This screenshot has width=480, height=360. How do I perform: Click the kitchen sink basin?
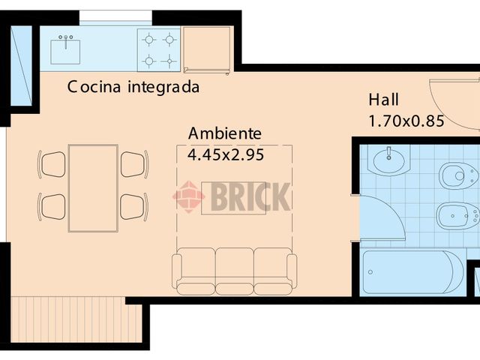[65, 51]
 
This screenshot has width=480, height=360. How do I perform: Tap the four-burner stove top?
[158, 49]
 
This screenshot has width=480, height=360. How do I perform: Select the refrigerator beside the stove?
[207, 50]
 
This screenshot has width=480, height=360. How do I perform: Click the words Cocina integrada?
[133, 87]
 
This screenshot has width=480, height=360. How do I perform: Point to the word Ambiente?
[225, 133]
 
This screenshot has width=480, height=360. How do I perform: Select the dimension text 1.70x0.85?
[406, 121]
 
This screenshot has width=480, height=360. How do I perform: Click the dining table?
[93, 187]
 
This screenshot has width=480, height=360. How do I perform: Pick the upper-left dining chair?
[52, 163]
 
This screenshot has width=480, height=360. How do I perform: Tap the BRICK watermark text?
[249, 196]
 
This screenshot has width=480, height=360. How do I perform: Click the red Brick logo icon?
[188, 196]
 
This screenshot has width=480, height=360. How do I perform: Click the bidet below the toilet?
[457, 215]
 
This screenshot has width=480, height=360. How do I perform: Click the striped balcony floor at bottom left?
[67, 319]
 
